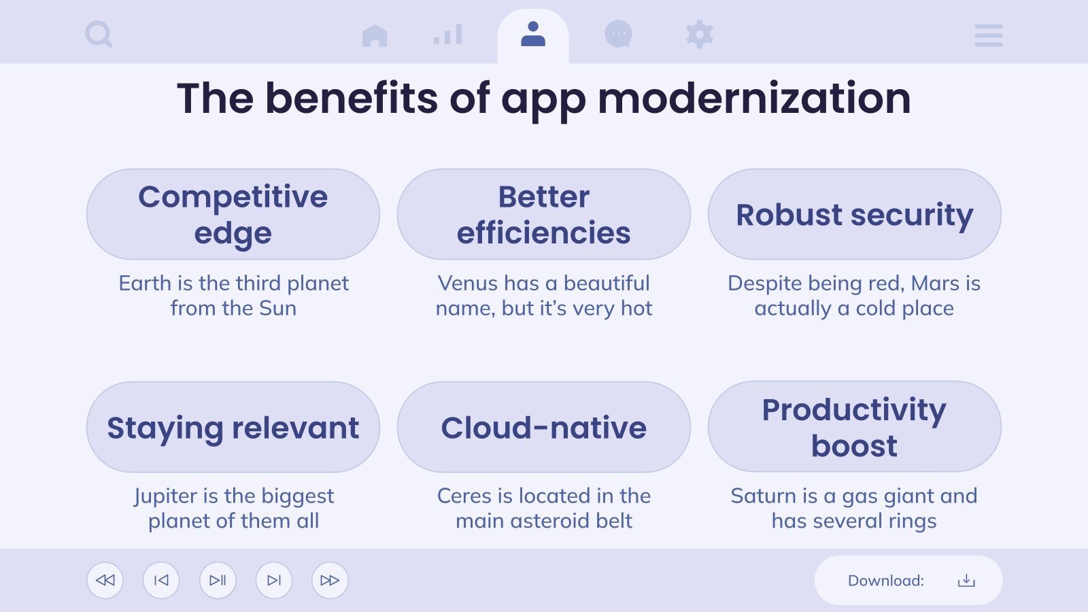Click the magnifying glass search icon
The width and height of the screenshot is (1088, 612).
tap(99, 34)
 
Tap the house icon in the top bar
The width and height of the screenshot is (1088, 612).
tap(375, 35)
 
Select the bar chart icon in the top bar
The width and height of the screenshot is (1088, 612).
tap(447, 35)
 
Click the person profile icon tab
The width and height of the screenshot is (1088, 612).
tap(533, 34)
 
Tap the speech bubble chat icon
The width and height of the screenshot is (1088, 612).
tap(618, 34)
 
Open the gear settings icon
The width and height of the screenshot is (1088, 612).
tap(699, 34)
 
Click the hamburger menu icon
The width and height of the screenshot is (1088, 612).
tap(988, 35)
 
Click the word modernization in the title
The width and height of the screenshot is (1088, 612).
tap(754, 99)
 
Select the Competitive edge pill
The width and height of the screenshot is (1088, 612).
tap(233, 214)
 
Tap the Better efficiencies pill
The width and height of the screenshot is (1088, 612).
tap(544, 214)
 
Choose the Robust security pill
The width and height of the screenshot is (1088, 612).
tap(854, 214)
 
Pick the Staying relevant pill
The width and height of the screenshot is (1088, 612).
tap(233, 427)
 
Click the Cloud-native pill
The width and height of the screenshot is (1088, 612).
tap(544, 427)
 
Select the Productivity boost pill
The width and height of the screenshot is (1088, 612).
tap(854, 427)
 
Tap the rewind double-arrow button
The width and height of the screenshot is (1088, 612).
tap(105, 580)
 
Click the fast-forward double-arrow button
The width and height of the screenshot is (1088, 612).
tap(330, 580)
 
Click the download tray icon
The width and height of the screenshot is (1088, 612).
tap(966, 580)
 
